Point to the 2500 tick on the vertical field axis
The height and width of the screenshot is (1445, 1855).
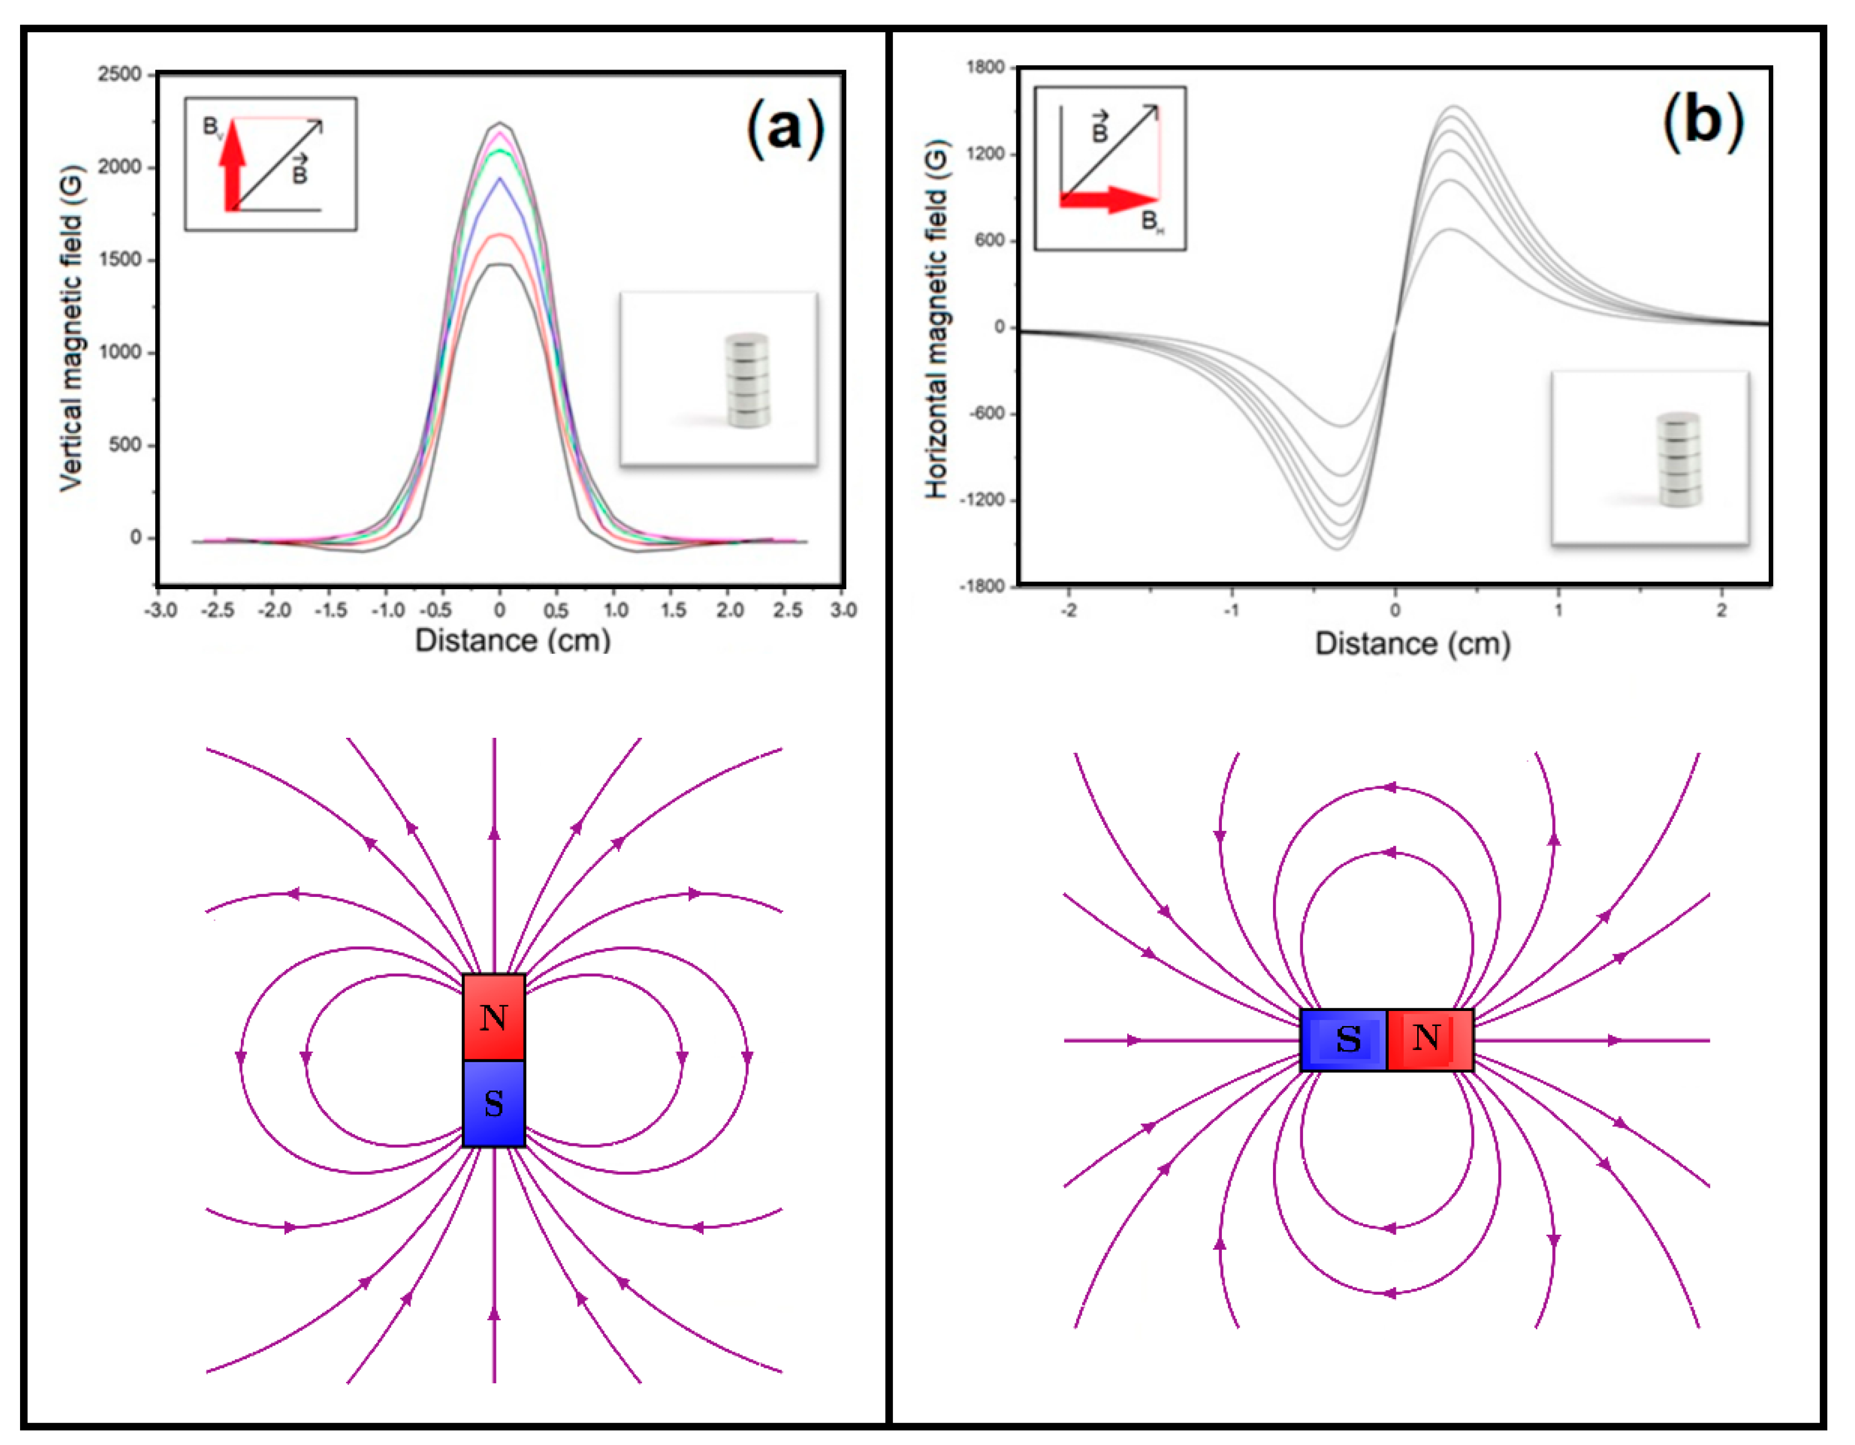pos(120,75)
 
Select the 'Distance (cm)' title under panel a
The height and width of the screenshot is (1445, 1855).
pos(512,640)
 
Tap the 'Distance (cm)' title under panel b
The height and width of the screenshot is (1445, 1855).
pos(1413,644)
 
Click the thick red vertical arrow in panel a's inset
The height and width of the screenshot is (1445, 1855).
pos(232,166)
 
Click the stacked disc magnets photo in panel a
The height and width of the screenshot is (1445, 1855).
pos(747,379)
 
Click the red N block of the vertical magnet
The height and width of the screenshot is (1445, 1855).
pos(494,1017)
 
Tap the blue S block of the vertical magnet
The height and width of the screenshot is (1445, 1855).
pos(494,1103)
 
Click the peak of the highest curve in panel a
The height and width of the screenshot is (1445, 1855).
pos(500,124)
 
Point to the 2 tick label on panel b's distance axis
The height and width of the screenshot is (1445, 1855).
pos(1721,610)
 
